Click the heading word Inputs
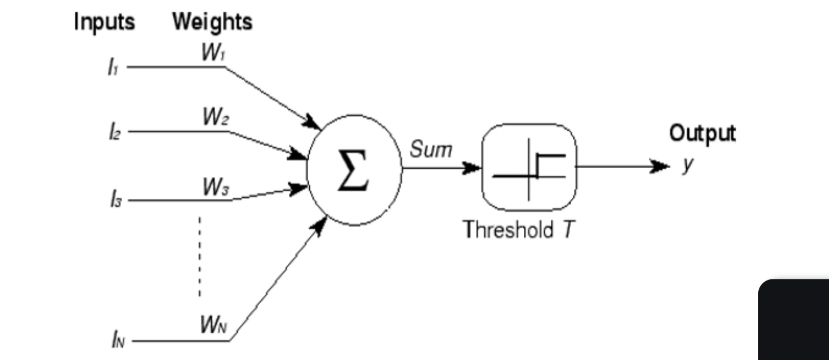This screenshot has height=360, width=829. [105, 22]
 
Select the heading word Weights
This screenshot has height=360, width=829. [212, 22]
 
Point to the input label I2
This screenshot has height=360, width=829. [115, 132]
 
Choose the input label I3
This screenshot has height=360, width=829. [116, 199]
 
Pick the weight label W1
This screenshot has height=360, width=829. [213, 52]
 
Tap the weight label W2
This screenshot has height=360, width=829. [216, 117]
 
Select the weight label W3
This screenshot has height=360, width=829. [216, 187]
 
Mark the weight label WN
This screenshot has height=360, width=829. [214, 324]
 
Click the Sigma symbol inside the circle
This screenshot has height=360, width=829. [353, 170]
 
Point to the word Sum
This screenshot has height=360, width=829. [431, 149]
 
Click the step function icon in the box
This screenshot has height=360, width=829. [529, 169]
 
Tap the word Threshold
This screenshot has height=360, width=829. [508, 229]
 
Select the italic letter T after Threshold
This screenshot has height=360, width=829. [568, 229]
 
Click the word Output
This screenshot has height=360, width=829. [702, 134]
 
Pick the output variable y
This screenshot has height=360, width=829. [688, 164]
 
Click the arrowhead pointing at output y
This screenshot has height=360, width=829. [660, 166]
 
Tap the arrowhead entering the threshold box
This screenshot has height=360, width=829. [471, 168]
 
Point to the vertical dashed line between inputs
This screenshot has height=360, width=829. [200, 256]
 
